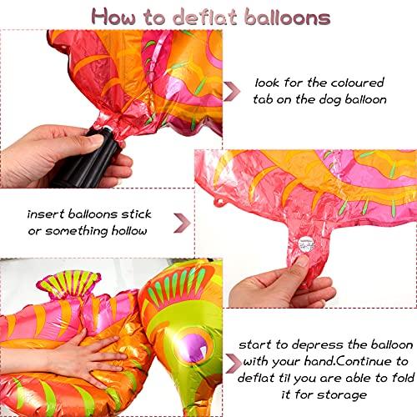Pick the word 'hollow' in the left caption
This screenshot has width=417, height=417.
click(126, 230)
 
